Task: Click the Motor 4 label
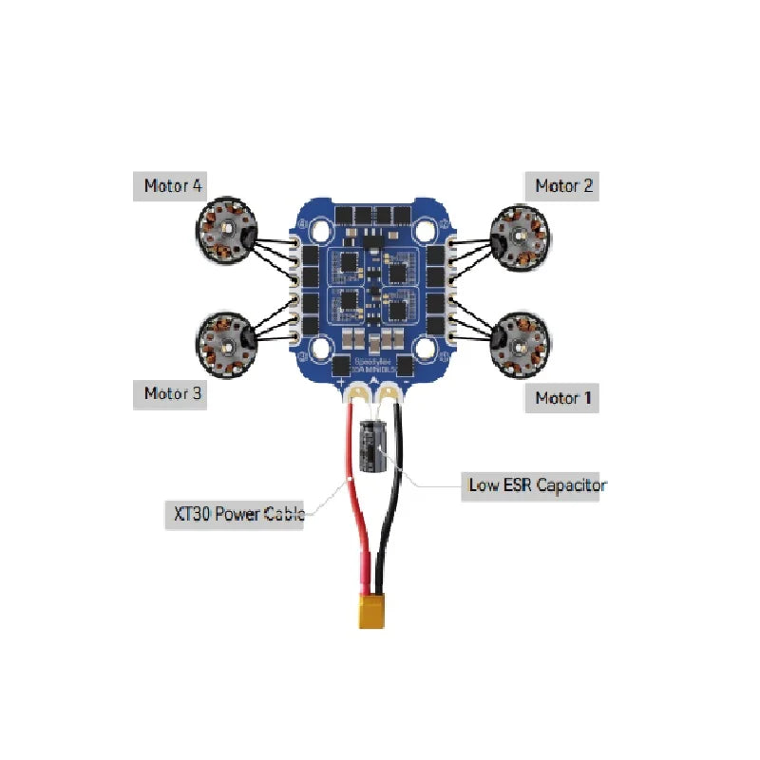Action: click(x=173, y=185)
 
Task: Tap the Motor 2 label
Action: click(x=563, y=185)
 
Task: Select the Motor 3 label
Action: click(x=173, y=393)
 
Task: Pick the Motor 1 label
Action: click(x=563, y=397)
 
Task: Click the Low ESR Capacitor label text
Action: click(x=537, y=485)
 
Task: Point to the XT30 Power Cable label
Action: click(x=237, y=515)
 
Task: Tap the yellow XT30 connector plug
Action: click(x=371, y=611)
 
